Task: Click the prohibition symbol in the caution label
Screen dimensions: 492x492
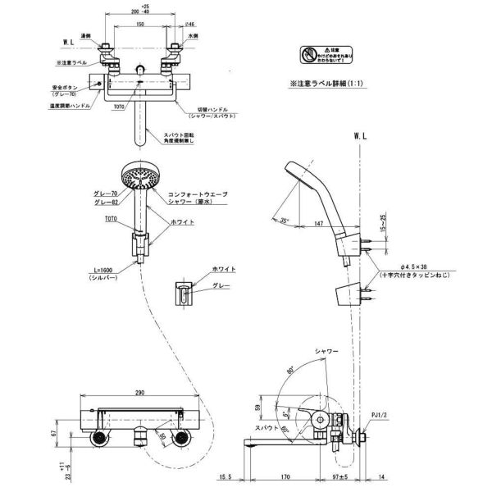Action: click(307, 53)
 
